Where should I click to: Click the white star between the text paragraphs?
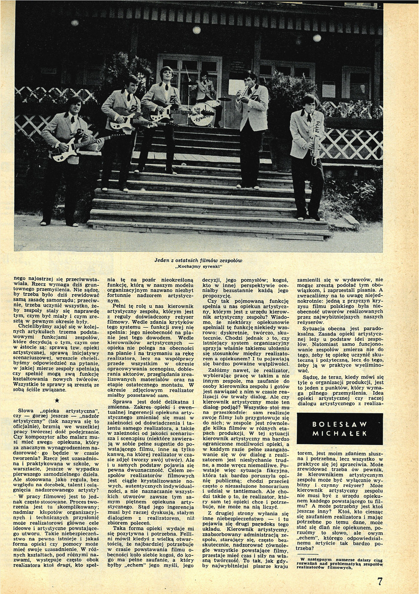click(57, 401)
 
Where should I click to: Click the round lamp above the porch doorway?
click(197, 30)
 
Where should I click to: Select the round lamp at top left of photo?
click(74, 23)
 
